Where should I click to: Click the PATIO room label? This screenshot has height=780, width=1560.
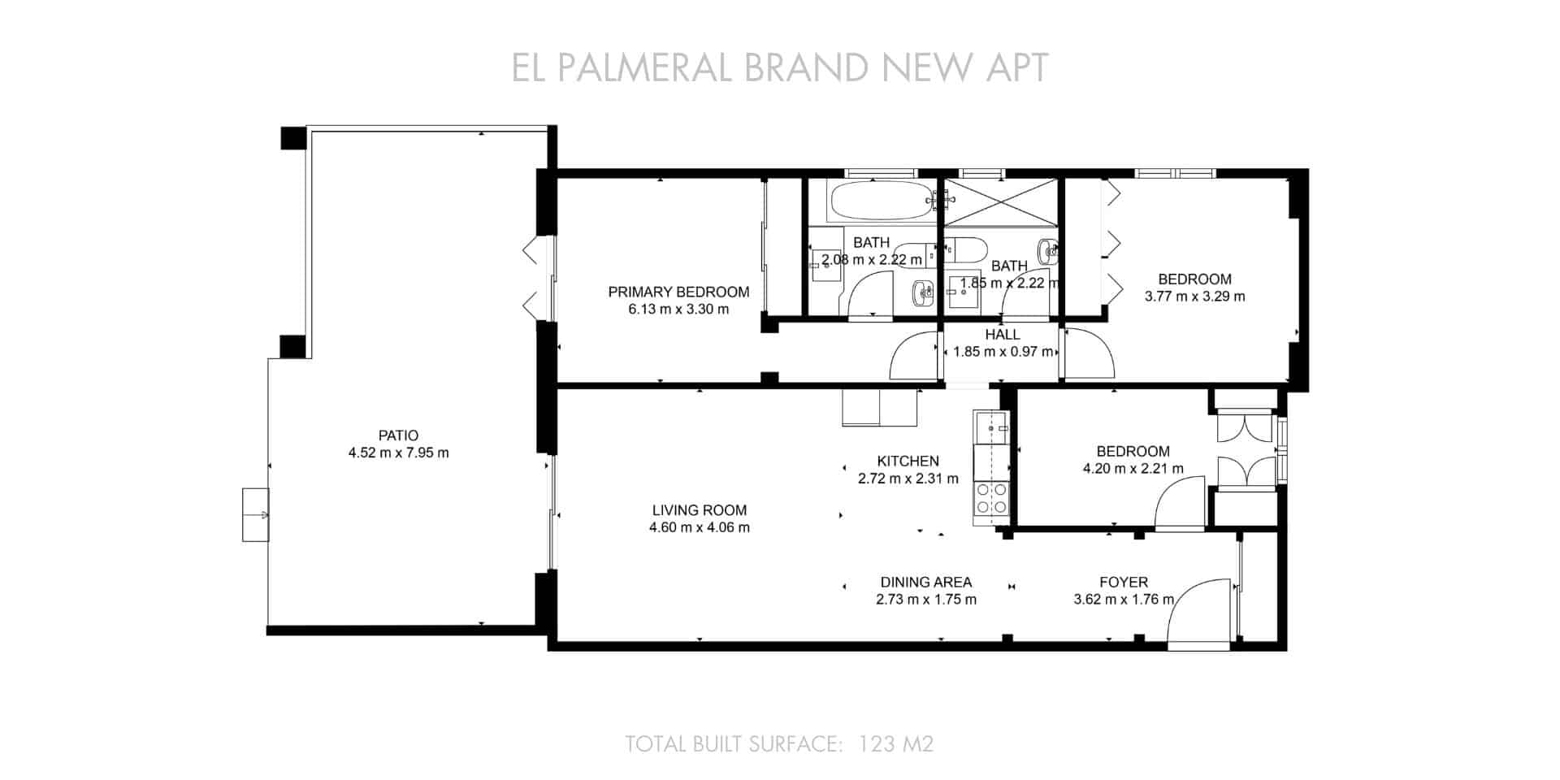click(x=398, y=435)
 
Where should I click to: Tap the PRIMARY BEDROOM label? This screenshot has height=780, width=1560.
click(x=678, y=292)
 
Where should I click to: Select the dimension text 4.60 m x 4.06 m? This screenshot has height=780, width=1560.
click(x=699, y=527)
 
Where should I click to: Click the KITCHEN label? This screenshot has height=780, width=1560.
click(x=908, y=461)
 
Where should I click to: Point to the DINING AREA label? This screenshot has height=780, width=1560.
click(x=925, y=582)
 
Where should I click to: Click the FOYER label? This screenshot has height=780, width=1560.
click(x=1123, y=582)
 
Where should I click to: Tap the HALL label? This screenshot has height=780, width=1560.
click(x=1002, y=334)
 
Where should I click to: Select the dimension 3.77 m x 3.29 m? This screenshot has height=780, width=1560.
click(x=1194, y=297)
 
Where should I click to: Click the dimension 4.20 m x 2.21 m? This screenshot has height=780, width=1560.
click(x=1133, y=469)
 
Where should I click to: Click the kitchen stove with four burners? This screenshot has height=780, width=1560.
click(x=991, y=498)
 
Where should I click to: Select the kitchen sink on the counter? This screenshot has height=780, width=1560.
click(x=990, y=425)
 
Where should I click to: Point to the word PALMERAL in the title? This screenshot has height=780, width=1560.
click(x=646, y=67)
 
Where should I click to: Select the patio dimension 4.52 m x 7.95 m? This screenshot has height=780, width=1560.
click(x=398, y=453)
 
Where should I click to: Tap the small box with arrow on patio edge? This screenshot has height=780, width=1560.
click(x=255, y=514)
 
